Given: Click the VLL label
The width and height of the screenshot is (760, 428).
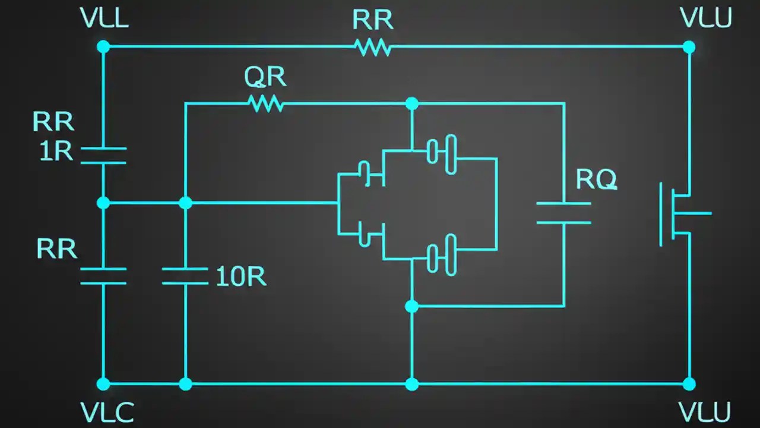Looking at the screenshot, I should (x=104, y=19).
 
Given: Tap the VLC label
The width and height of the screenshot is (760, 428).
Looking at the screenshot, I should (x=107, y=412).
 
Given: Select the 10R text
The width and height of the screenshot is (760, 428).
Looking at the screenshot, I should (x=240, y=277).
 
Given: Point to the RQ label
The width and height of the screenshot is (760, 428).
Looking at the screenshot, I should (x=596, y=180).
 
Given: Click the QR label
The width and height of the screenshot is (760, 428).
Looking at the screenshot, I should (x=265, y=77).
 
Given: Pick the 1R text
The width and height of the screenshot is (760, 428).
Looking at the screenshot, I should (x=56, y=152).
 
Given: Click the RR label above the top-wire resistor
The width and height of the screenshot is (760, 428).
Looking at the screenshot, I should (x=372, y=20).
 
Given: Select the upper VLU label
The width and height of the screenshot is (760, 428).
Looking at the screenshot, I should (x=706, y=19).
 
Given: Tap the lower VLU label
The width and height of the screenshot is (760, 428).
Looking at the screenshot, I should (x=705, y=412).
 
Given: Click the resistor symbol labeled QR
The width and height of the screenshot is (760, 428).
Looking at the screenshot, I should (x=265, y=104).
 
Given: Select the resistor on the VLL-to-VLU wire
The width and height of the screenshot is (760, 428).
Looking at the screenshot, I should (x=373, y=46).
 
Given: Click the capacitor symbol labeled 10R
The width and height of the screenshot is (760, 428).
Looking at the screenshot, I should (x=185, y=276).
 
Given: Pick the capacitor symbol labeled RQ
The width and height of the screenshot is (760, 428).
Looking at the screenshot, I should (x=563, y=213).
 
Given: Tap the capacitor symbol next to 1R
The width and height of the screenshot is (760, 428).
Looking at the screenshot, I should (x=103, y=156).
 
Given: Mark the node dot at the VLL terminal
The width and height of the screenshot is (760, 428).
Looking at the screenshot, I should (x=103, y=46).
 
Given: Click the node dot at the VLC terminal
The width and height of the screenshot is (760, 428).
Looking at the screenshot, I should (x=103, y=384).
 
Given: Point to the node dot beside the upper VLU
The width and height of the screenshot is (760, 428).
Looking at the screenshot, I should (x=689, y=46).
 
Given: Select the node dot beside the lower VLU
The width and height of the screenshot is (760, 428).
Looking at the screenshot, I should (x=689, y=384).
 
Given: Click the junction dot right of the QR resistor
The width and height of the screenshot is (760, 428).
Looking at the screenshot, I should (x=411, y=104).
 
